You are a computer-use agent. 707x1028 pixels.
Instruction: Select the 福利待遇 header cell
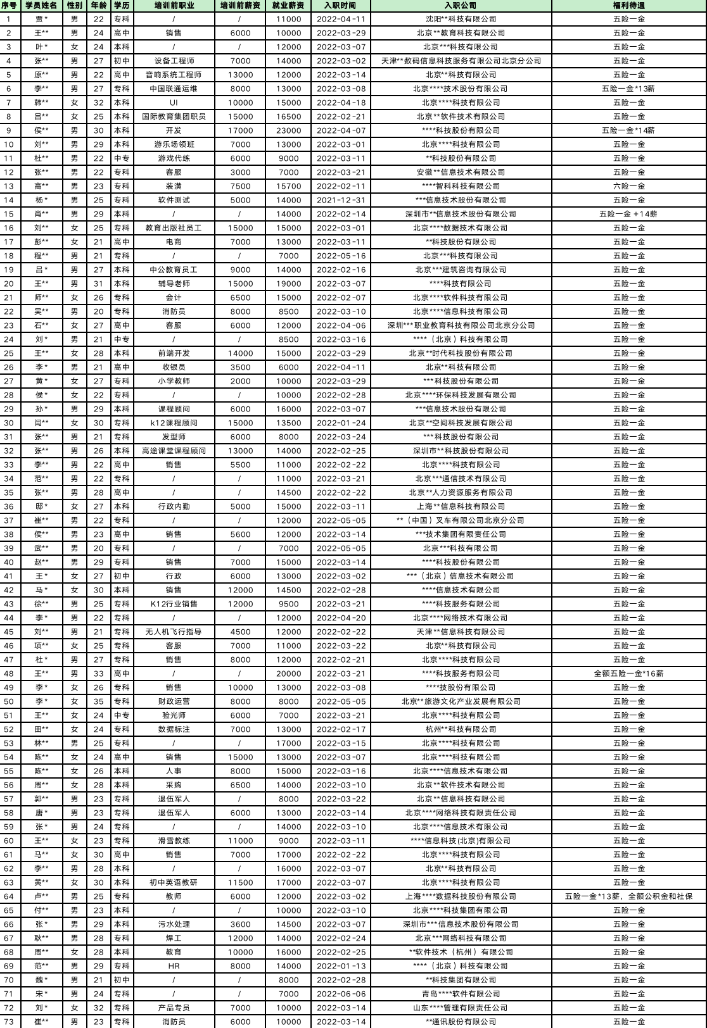(x=628, y=6)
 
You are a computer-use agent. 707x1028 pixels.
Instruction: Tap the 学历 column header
(x=121, y=6)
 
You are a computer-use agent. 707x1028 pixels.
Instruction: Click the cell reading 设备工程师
(x=174, y=61)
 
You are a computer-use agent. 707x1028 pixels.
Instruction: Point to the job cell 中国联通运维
(x=174, y=89)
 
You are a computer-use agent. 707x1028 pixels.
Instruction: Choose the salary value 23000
(x=289, y=130)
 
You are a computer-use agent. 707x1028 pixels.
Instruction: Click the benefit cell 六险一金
(x=628, y=186)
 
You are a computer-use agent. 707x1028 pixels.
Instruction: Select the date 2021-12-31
(x=341, y=200)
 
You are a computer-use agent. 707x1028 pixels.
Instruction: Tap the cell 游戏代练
(x=174, y=158)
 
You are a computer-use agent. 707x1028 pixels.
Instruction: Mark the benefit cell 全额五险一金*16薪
(x=628, y=674)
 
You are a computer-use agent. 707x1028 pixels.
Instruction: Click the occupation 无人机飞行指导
(x=174, y=632)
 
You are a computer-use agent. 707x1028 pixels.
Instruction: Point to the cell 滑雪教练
(x=174, y=841)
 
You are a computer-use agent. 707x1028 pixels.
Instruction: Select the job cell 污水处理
(x=174, y=924)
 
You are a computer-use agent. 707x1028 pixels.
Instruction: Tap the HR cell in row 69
(x=174, y=966)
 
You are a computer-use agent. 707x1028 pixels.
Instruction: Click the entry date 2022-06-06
(x=341, y=994)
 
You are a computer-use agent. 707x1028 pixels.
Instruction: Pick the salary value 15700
(x=289, y=186)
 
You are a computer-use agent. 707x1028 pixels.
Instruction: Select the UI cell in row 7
(x=174, y=103)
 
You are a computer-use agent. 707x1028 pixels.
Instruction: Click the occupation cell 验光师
(x=174, y=715)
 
